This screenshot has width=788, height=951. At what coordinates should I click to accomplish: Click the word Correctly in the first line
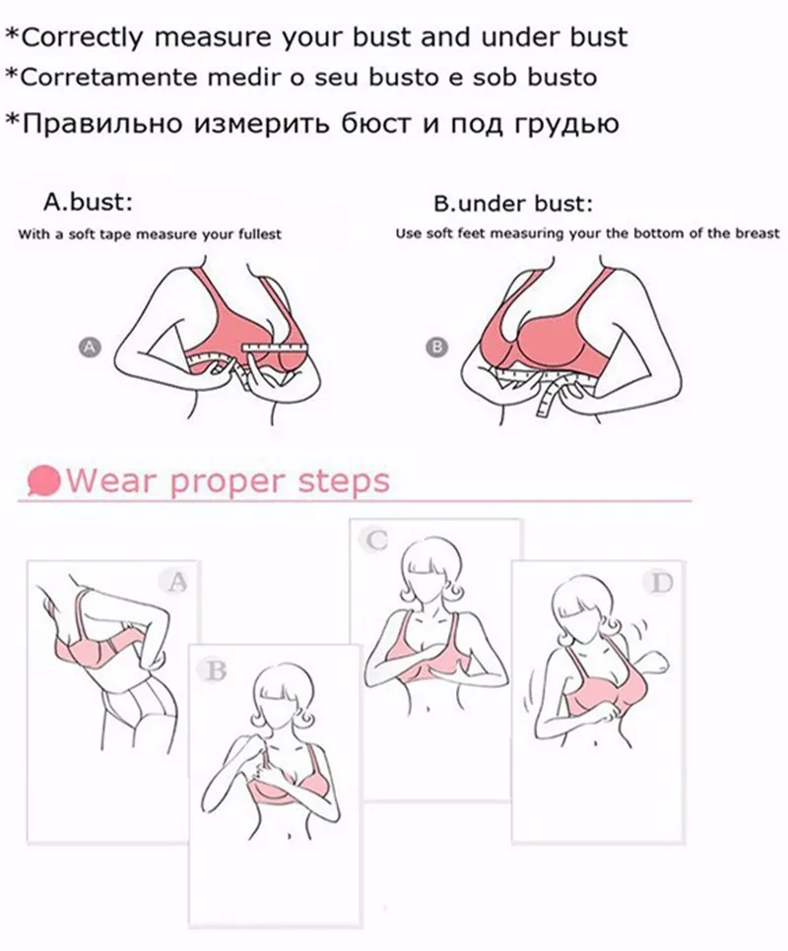(x=82, y=37)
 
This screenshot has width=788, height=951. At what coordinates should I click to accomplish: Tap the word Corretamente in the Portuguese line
(x=108, y=77)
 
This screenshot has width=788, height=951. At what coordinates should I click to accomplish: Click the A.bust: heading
(x=88, y=202)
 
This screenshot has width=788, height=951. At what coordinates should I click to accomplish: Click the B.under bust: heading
(x=512, y=204)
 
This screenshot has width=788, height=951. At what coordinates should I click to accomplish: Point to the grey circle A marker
(x=90, y=347)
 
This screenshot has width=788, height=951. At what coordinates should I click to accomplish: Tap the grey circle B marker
(x=436, y=348)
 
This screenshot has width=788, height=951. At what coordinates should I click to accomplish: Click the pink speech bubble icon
(x=44, y=481)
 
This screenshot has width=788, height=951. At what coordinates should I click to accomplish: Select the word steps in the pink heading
(x=344, y=481)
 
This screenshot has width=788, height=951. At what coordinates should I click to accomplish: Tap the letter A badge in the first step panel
(x=176, y=582)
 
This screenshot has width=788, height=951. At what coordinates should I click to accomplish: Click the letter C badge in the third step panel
(x=375, y=539)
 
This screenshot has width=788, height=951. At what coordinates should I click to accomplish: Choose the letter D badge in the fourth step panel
(x=660, y=583)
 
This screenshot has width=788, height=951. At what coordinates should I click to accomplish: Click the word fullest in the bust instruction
(x=260, y=234)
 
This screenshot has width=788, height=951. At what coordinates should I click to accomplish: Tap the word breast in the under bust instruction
(x=758, y=233)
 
